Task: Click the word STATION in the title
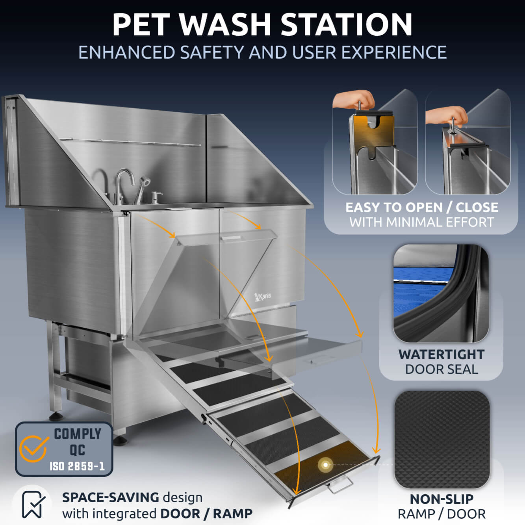tap(347, 24)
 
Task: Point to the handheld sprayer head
tap(145, 182)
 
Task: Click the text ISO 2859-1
tap(77, 466)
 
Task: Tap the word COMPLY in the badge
tap(78, 434)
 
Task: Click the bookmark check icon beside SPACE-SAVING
tap(33, 505)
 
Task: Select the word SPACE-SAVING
tap(110, 497)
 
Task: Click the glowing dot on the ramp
tap(325, 465)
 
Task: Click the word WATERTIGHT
tap(441, 354)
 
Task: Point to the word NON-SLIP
tap(442, 499)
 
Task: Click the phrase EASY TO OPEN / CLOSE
tap(421, 208)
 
